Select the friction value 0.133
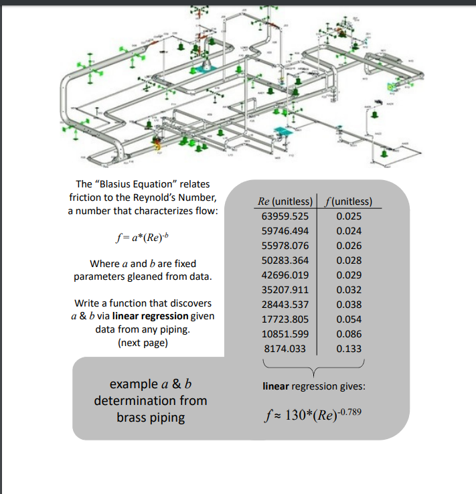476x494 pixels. pyautogui.click(x=349, y=349)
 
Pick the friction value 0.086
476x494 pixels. pyautogui.click(x=349, y=334)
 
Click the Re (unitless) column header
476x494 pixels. pyautogui.click(x=285, y=201)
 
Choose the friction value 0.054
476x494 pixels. pyautogui.click(x=349, y=319)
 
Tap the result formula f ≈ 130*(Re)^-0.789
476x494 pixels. pyautogui.click(x=313, y=413)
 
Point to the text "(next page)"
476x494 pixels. pyautogui.click(x=142, y=343)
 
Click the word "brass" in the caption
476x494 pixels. pyautogui.click(x=131, y=418)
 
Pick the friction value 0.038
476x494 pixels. pyautogui.click(x=349, y=305)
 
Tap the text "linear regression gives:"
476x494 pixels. pyautogui.click(x=313, y=386)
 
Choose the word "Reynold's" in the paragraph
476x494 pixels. pyautogui.click(x=164, y=197)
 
